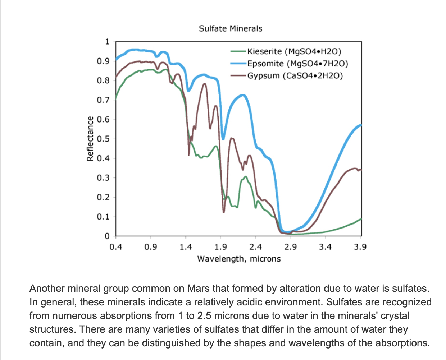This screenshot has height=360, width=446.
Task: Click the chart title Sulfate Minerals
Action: click(231, 28)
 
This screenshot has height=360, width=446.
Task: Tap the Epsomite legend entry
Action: click(297, 64)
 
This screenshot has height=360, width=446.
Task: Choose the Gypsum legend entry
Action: click(295, 76)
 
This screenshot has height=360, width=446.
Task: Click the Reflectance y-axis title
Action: click(90, 139)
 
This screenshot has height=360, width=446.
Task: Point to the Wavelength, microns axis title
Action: click(239, 259)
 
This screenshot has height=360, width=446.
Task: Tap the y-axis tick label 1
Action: click(107, 42)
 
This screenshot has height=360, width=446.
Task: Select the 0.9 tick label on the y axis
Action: click(103, 61)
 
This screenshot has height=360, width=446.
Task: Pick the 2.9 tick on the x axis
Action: click(290, 247)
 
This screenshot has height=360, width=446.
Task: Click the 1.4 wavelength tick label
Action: click(186, 247)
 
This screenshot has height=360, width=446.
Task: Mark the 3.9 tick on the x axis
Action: click(360, 247)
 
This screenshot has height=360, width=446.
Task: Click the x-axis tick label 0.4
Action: click(115, 247)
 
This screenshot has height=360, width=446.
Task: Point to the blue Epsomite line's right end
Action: click(360, 125)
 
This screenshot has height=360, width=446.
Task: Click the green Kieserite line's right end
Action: click(360, 219)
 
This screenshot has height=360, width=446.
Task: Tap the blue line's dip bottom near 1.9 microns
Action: click(223, 139)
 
